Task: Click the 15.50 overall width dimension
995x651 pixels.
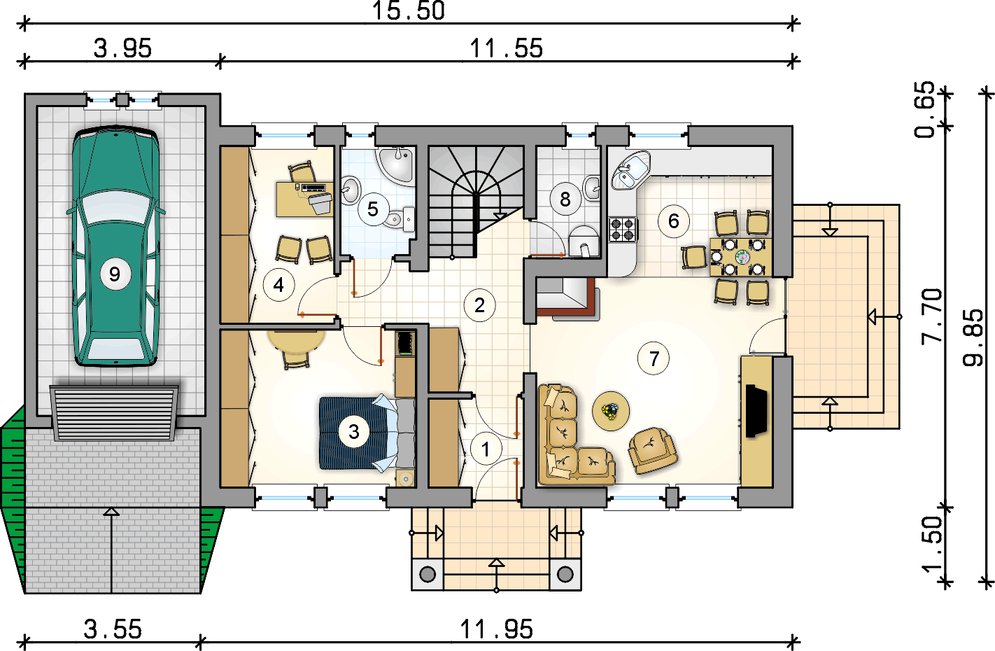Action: click(x=408, y=10)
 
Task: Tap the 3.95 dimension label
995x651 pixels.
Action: click(x=122, y=48)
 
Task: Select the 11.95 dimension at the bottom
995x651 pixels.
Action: click(x=496, y=629)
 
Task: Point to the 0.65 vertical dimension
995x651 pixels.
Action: click(x=924, y=109)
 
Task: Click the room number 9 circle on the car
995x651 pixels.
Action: click(x=115, y=274)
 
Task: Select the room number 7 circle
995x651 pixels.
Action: click(x=654, y=358)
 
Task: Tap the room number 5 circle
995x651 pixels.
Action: click(x=373, y=209)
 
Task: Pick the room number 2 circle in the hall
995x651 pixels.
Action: click(x=479, y=305)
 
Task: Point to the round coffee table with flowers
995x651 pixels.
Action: click(x=611, y=411)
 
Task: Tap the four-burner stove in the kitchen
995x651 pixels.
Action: click(x=622, y=230)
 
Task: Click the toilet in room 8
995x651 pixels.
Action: click(x=584, y=241)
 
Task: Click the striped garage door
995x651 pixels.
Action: click(x=114, y=413)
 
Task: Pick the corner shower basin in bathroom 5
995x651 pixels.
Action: click(x=395, y=164)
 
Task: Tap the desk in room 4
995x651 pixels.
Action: click(x=304, y=199)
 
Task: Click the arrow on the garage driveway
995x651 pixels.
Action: click(x=111, y=551)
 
